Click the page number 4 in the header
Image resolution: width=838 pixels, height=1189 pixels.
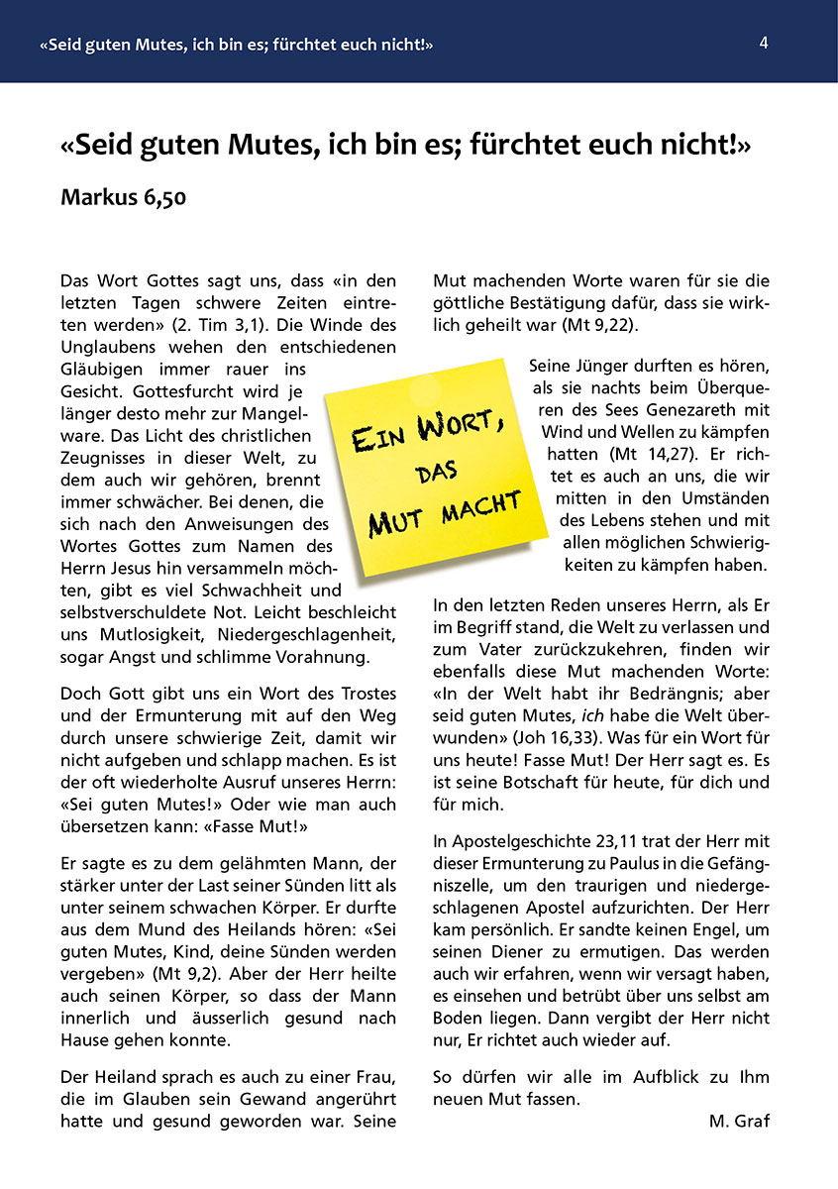coord(764,43)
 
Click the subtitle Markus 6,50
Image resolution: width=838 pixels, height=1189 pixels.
coord(123,196)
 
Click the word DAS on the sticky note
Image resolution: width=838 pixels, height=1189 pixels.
coord(437,473)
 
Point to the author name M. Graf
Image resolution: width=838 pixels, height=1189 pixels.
coord(739,1121)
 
